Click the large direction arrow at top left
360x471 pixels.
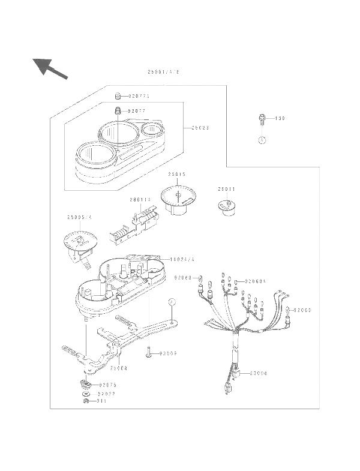[x=49, y=67]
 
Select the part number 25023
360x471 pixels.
[x=200, y=128]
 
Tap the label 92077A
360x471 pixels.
[x=140, y=96]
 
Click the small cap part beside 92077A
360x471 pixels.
[x=119, y=96]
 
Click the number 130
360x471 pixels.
[x=280, y=119]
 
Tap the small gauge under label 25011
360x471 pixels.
[x=228, y=207]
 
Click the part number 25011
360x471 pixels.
[x=227, y=188]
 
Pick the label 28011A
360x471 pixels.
[x=140, y=200]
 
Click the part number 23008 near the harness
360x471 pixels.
[x=259, y=373]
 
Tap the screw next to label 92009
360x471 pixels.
[x=147, y=353]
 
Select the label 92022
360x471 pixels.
[x=99, y=394]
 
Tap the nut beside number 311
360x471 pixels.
[x=86, y=401]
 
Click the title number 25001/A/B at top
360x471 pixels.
[x=163, y=72]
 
